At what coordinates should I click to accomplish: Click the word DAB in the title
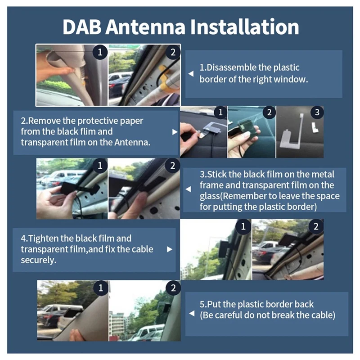click(82, 27)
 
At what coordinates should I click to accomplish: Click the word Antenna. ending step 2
click(132, 142)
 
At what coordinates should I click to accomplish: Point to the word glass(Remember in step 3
click(233, 196)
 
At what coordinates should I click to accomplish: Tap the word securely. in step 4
click(39, 261)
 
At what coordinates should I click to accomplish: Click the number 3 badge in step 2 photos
click(317, 112)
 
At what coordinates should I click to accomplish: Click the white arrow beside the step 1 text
click(191, 74)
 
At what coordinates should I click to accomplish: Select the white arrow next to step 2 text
click(175, 132)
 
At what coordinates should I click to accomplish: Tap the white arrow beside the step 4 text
click(170, 249)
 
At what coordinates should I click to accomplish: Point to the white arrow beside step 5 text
click(192, 313)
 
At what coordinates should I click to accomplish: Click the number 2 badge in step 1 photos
click(173, 52)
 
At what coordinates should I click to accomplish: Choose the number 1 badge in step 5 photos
click(100, 288)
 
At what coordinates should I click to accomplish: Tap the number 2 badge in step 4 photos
click(316, 227)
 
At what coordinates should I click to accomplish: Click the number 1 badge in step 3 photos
click(100, 166)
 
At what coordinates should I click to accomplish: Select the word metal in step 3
click(322, 175)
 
